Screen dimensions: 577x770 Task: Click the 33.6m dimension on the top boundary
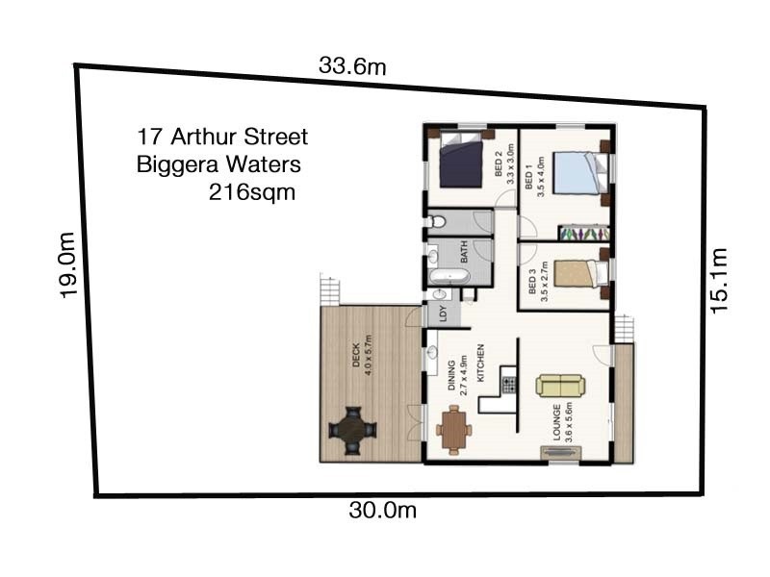pyautogui.click(x=352, y=66)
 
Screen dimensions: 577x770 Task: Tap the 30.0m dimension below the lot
pyautogui.click(x=382, y=511)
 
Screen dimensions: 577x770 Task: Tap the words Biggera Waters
pyautogui.click(x=219, y=163)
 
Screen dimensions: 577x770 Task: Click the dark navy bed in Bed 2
pyautogui.click(x=461, y=163)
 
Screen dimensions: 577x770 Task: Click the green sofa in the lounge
pyautogui.click(x=560, y=386)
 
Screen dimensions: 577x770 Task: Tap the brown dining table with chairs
pyautogui.click(x=454, y=428)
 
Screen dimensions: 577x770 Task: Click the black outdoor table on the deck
pyautogui.click(x=350, y=428)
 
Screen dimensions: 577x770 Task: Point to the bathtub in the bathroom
pyautogui.click(x=449, y=278)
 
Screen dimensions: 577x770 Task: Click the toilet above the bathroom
pyautogui.click(x=438, y=222)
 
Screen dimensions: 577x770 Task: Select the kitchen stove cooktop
pyautogui.click(x=508, y=384)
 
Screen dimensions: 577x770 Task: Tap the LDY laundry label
pyautogui.click(x=443, y=314)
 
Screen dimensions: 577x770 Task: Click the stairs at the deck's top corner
pyautogui.click(x=330, y=288)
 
